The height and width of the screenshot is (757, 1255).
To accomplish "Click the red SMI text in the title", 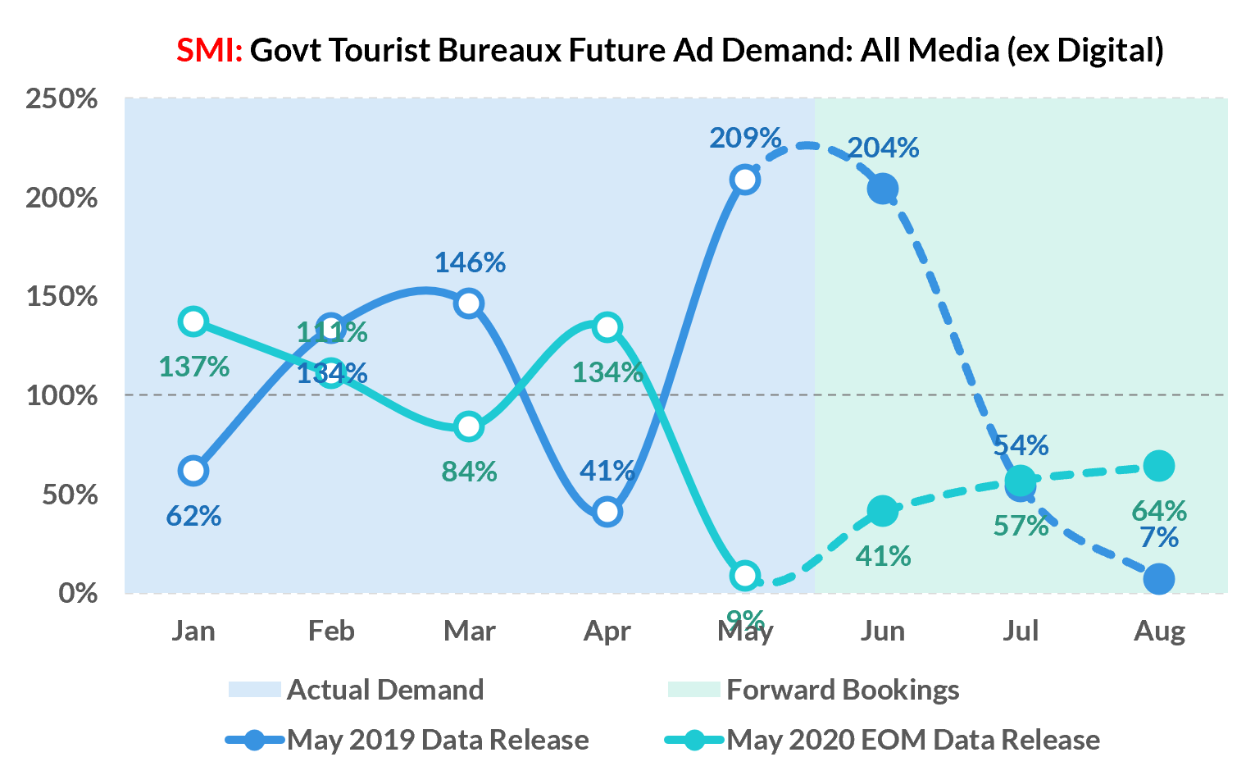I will pyautogui.click(x=209, y=51).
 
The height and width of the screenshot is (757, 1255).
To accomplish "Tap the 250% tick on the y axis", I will pyautogui.click(x=61, y=99).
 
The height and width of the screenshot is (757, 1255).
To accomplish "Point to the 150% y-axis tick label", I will pyautogui.click(x=61, y=297).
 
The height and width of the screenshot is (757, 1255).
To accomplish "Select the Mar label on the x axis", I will pyautogui.click(x=469, y=631).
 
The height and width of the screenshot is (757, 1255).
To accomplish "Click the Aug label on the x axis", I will pyautogui.click(x=1159, y=631).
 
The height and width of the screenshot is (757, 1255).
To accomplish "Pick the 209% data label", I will pyautogui.click(x=745, y=138).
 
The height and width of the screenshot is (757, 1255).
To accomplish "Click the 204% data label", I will pyautogui.click(x=883, y=148).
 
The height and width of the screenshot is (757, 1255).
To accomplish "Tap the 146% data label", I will pyautogui.click(x=470, y=262).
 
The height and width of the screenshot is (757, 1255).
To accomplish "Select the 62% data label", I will pyautogui.click(x=193, y=517).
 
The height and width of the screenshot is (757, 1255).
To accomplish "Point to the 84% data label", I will pyautogui.click(x=469, y=472).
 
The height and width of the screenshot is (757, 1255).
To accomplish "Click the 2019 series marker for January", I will pyautogui.click(x=193, y=471).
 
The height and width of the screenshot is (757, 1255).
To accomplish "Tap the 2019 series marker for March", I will pyautogui.click(x=469, y=303).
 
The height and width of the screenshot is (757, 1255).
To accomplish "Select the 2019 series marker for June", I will pyautogui.click(x=882, y=189).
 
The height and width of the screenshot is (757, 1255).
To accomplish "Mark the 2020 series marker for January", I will pyautogui.click(x=193, y=321).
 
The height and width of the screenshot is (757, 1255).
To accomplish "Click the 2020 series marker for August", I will pyautogui.click(x=1158, y=466).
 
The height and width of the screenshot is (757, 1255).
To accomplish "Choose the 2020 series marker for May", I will pyautogui.click(x=744, y=576).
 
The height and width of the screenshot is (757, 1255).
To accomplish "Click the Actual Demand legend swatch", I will pyautogui.click(x=254, y=690).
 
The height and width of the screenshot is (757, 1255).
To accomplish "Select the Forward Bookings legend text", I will pyautogui.click(x=843, y=690).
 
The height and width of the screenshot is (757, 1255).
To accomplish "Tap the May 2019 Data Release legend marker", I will pyautogui.click(x=255, y=740).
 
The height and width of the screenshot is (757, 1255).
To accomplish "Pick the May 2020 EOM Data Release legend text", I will pyautogui.click(x=913, y=740).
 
